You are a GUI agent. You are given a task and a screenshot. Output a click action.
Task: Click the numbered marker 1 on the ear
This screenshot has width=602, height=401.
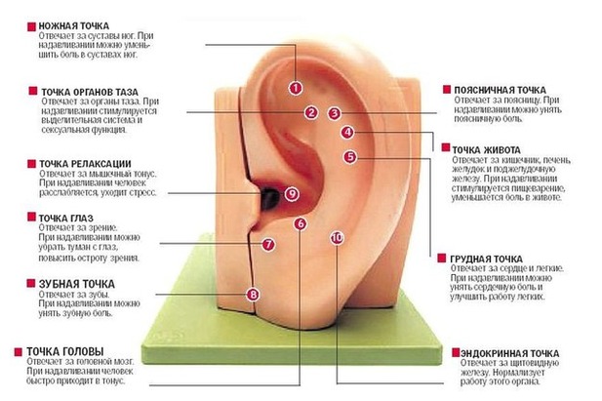coord(296,88)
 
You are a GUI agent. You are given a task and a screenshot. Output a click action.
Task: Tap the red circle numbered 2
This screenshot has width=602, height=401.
coord(311,112)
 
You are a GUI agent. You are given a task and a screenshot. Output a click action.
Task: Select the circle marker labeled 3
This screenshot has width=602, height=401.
coord(335,113)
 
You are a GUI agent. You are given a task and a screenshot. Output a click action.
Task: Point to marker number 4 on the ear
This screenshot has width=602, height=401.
coord(347,133)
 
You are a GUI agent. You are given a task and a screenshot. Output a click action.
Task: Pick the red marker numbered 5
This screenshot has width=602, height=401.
coord(350,157)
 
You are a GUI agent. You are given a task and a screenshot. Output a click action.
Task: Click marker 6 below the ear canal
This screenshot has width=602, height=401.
coord(301,224)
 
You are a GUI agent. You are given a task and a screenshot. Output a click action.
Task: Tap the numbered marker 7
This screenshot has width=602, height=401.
coord(268,244)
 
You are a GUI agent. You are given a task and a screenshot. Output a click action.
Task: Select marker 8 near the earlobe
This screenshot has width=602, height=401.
coord(253,295)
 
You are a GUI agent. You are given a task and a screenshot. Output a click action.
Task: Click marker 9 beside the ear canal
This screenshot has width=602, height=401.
coord(292,193)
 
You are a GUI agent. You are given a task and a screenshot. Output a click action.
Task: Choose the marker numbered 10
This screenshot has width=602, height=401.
coord(337,238)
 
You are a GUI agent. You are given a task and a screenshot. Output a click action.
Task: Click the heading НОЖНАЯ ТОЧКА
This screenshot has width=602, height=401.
coord(74,26)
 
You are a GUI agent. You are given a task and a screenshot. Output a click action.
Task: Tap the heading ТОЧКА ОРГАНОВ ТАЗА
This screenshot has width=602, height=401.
coord(90,92)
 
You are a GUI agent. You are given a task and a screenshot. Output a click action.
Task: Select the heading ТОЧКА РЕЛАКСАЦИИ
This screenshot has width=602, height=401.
coord(85,164)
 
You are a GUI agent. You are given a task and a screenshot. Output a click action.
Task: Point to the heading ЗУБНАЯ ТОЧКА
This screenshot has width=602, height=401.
coord(77,284)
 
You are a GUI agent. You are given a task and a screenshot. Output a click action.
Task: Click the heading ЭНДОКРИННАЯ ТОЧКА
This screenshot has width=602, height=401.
coord(510,353)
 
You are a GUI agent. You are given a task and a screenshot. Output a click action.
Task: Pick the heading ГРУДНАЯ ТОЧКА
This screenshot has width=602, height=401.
coord(487,259)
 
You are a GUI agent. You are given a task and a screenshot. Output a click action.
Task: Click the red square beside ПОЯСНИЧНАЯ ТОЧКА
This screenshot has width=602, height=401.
coord(447,90)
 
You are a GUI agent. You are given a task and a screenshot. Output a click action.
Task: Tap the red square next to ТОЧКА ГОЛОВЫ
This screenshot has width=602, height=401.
coord(18,352)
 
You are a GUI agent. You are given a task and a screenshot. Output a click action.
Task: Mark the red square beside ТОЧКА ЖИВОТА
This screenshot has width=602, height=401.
coord(445,147)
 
